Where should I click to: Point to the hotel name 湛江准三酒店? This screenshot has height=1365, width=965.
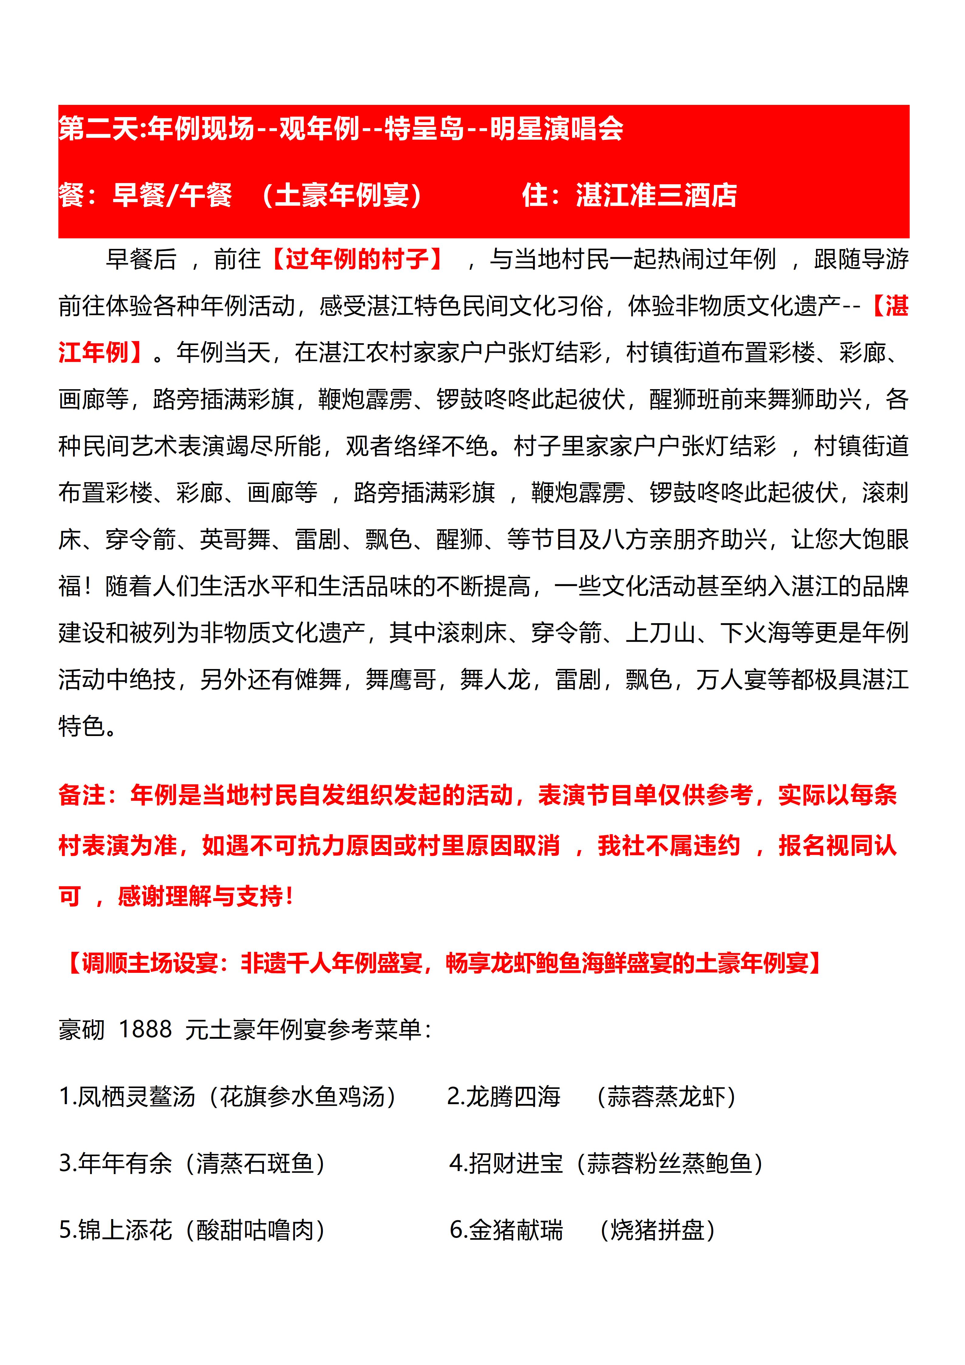pos(656,195)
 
